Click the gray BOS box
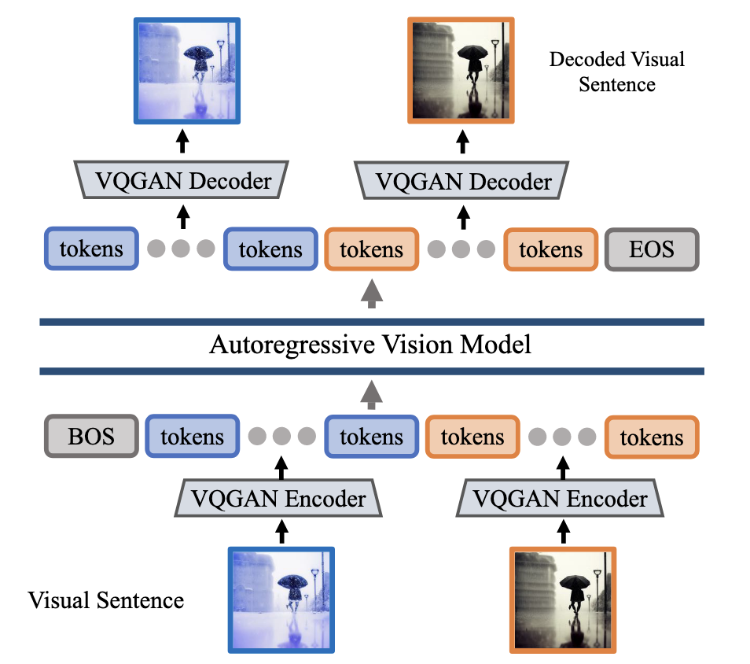point(91,437)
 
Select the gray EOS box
point(651,249)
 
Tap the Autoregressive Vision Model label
point(369,345)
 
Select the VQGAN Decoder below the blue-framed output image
point(183,182)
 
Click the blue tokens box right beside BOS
point(192,437)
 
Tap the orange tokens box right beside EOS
point(550,249)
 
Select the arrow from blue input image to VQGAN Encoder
point(281,532)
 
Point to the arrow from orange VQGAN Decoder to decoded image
point(463,142)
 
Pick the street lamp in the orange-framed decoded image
point(494,49)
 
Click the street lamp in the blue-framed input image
point(314,578)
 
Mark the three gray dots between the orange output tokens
point(461,249)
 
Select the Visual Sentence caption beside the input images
point(105,600)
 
